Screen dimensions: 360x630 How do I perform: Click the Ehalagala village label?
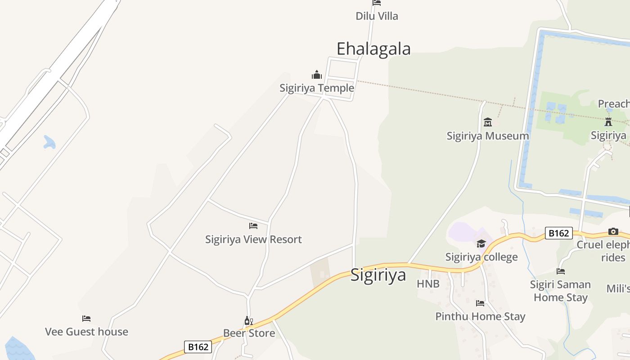[373, 49]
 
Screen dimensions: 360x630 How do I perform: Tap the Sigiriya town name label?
[378, 274]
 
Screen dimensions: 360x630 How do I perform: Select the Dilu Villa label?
[377, 16]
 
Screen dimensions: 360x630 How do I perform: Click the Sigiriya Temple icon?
[317, 75]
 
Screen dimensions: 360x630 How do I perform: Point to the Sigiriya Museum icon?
[488, 122]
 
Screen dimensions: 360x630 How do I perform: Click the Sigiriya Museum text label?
[488, 135]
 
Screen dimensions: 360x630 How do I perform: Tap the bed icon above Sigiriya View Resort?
[253, 226]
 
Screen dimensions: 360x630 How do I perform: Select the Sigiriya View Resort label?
[253, 239]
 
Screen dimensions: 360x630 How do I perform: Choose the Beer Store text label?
[249, 333]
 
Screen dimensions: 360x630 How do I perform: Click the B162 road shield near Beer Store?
[198, 347]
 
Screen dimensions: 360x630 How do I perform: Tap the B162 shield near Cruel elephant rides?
[558, 233]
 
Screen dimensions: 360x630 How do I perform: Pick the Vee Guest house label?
[86, 332]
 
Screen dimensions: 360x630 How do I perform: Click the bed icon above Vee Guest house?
[86, 319]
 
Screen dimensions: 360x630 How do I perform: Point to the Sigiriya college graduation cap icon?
[481, 244]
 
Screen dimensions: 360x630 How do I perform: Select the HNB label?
[428, 284]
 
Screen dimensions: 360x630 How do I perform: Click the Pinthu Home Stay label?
[480, 316]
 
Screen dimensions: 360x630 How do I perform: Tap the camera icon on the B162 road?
[613, 232]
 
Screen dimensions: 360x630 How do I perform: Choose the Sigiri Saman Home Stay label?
[560, 291]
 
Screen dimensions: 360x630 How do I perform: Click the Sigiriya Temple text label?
[317, 88]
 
